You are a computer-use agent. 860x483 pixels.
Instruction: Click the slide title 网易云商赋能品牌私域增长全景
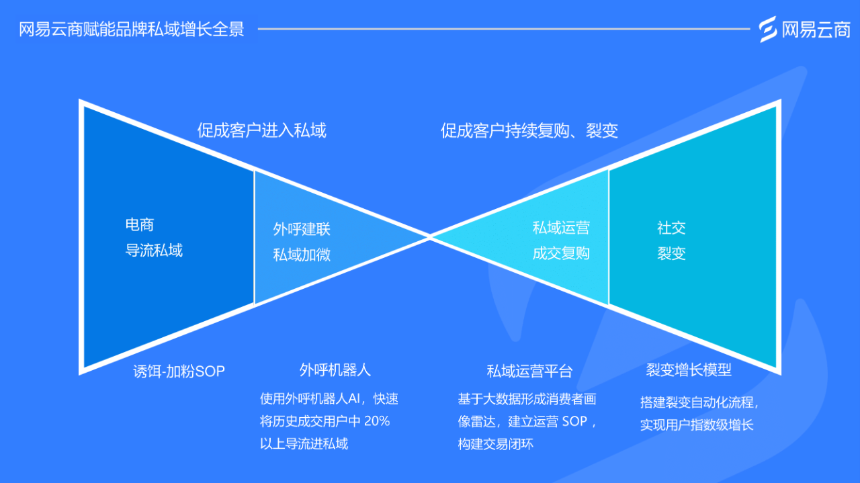(x=131, y=30)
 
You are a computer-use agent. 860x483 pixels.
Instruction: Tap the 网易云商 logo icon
(x=768, y=29)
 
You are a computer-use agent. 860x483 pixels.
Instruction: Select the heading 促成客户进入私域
(x=261, y=130)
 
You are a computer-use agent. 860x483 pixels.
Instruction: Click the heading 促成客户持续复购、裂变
(x=529, y=130)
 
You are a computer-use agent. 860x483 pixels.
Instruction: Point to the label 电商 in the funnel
(x=139, y=225)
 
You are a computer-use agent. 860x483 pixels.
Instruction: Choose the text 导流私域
(x=154, y=251)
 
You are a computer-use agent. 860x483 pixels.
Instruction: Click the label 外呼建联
(x=302, y=229)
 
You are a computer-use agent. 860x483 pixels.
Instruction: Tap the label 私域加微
(x=302, y=255)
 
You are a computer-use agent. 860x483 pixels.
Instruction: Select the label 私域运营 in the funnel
(x=561, y=228)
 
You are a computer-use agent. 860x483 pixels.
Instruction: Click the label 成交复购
(x=561, y=253)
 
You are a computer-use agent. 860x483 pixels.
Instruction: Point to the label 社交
(x=671, y=228)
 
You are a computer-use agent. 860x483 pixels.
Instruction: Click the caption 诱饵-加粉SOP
(x=179, y=371)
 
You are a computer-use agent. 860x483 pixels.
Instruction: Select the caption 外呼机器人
(x=335, y=370)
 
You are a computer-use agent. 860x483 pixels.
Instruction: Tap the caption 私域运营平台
(x=529, y=371)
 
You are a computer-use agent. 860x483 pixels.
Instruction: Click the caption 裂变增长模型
(x=689, y=369)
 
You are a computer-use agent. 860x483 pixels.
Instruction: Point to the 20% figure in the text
(x=376, y=421)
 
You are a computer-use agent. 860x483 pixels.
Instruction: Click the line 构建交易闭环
(x=495, y=444)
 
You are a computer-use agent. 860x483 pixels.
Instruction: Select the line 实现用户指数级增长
(x=697, y=425)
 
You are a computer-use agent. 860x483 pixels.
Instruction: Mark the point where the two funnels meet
(x=430, y=236)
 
